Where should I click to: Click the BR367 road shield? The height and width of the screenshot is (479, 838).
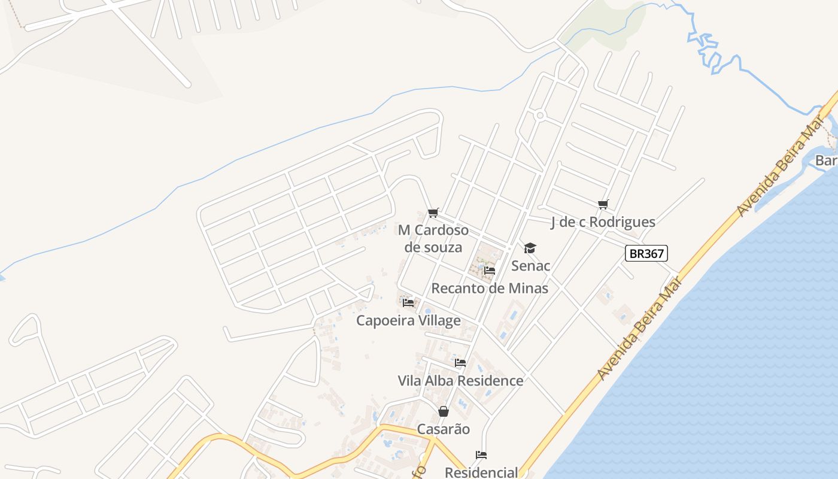(646, 253)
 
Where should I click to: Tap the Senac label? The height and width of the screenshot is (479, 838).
(530, 265)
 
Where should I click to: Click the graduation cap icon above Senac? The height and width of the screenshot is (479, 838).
(530, 248)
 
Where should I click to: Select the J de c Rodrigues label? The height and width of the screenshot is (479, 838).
(603, 222)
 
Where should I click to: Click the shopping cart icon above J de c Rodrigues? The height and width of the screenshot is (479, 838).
(603, 205)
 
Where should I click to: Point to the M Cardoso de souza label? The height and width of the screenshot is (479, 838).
(433, 238)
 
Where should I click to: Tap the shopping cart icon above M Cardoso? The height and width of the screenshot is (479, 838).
(433, 213)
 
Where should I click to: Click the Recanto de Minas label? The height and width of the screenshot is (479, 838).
(490, 288)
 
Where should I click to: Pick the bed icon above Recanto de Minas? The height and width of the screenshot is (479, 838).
(490, 271)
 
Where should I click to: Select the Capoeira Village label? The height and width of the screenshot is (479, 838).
(408, 320)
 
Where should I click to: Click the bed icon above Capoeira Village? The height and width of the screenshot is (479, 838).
(408, 303)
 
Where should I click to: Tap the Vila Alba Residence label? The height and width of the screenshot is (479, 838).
(460, 381)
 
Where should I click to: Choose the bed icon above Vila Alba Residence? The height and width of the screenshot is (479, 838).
(460, 363)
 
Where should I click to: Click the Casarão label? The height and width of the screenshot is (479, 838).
(443, 429)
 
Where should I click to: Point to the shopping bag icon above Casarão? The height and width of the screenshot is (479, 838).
(443, 411)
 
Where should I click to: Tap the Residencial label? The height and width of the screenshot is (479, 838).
(481, 472)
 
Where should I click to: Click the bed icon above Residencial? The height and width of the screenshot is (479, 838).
(481, 455)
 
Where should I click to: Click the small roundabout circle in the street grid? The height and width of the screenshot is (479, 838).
(540, 115)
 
